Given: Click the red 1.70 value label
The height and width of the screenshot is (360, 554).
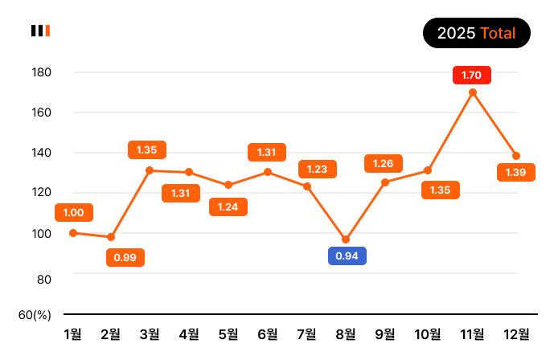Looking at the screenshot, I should pos(471,75).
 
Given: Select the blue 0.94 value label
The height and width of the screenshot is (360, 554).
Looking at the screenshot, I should pos(347,256).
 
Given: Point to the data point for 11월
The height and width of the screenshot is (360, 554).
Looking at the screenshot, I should pos(473,92).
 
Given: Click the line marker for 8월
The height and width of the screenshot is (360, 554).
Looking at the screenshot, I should pos(346,239).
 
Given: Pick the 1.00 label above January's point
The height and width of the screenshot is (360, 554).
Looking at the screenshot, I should pos(74,212).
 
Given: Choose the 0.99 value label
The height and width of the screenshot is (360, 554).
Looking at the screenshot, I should pos(125,257).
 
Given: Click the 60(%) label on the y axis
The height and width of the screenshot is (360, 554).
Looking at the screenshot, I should pos(35,314).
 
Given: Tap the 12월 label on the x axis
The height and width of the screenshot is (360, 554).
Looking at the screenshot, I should pos(515,334).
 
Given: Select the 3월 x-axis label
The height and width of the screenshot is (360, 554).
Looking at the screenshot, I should pos(150,334).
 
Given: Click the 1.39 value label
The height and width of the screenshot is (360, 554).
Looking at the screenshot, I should pos(516,172).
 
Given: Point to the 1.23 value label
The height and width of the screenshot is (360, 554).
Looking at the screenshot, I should pos(318,169).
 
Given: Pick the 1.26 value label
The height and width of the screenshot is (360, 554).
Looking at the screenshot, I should pos(384,163).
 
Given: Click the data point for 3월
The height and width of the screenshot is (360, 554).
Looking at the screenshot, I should pos(150,170).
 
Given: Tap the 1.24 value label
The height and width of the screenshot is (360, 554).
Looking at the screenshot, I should pos(228,207).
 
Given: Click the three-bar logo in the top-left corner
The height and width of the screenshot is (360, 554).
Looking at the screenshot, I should pos(41,31).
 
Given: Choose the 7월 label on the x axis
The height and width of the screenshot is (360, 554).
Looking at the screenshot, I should pos(306,334).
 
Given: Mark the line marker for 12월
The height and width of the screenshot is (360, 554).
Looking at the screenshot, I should pos(516,156).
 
